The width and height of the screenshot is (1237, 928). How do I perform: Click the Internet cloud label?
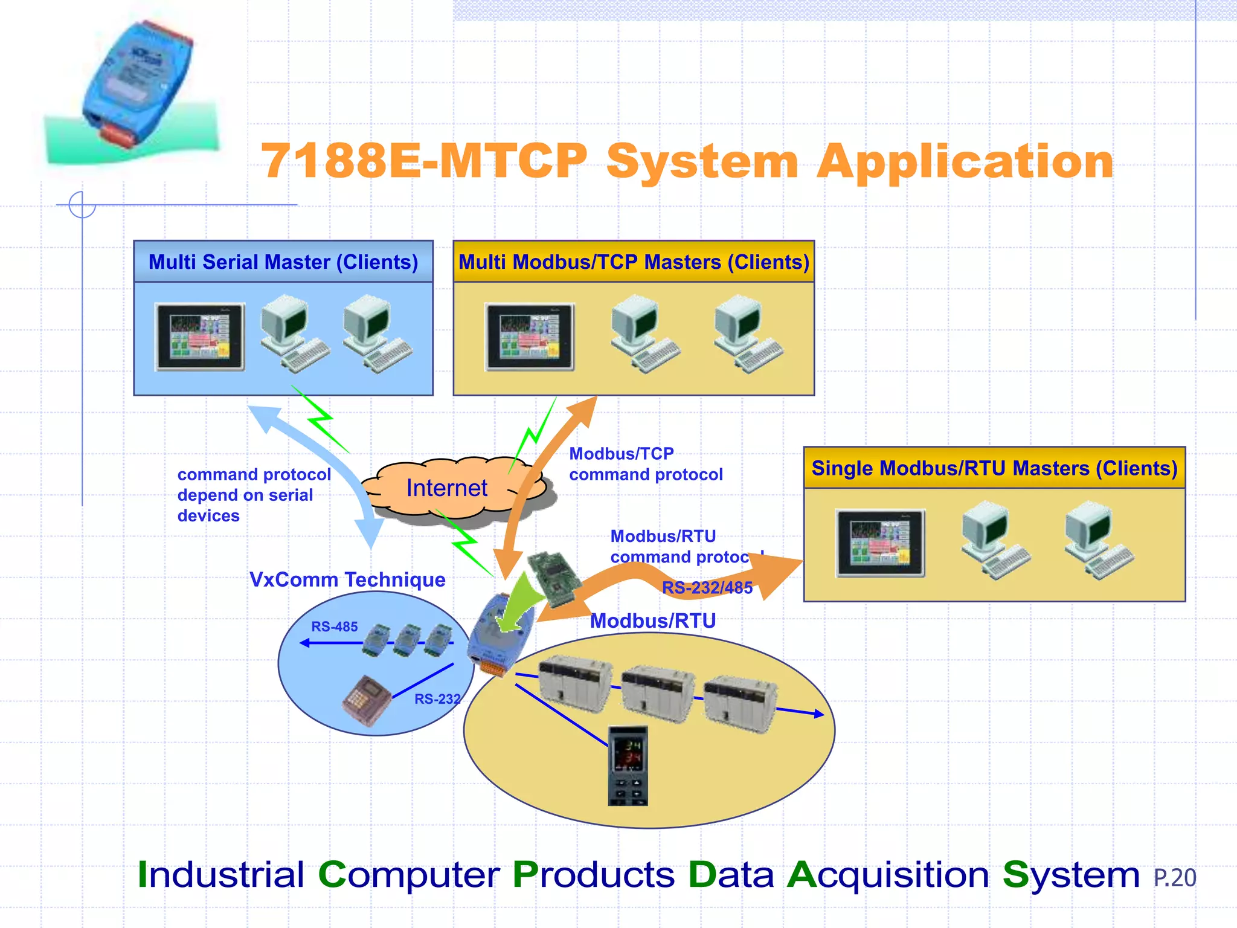pos(446,488)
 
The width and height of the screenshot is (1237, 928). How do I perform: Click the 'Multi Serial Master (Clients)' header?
pos(283,262)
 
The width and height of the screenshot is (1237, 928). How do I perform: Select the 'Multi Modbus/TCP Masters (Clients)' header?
pos(634,262)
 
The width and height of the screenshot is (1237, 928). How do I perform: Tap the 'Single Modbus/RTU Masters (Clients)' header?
pos(994,468)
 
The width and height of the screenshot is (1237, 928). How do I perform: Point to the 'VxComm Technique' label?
pos(347,580)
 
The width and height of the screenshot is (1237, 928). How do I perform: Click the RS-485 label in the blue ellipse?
pos(334,627)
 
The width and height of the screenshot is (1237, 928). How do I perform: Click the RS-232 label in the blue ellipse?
pos(437,699)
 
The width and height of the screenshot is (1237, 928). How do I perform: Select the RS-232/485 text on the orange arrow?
pos(707,588)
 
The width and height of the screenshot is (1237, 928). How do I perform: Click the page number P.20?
pos(1174,878)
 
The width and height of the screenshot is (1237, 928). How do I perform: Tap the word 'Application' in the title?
pos(965,162)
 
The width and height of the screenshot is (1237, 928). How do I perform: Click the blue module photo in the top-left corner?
pos(136,85)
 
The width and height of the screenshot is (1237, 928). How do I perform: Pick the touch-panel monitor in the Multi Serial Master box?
pos(201,337)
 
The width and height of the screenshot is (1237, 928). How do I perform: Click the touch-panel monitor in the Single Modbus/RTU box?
pos(880,543)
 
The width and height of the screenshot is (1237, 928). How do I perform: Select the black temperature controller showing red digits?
pos(628,765)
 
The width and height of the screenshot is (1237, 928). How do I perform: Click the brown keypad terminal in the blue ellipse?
pos(366,700)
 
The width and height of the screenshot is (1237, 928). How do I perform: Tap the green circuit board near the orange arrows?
pos(554,578)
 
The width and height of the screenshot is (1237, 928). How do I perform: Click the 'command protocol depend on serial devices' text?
pos(254,495)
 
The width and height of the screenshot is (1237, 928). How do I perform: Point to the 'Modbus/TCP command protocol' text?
pos(645,464)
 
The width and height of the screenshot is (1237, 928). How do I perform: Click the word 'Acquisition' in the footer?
pos(888,875)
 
